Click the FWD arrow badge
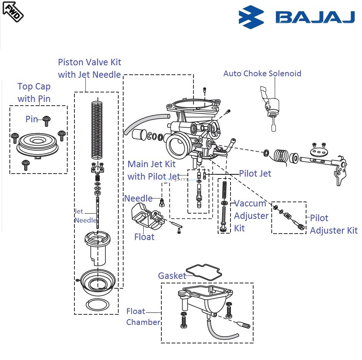click(x=12, y=11)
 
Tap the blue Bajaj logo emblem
click(x=251, y=17)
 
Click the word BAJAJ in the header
click(x=315, y=17)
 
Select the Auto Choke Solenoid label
click(x=262, y=73)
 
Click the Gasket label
click(x=172, y=276)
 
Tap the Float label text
click(x=144, y=237)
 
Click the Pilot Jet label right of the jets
click(x=255, y=174)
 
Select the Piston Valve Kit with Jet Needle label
click(x=90, y=68)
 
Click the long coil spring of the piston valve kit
click(x=97, y=130)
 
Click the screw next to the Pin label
click(x=47, y=120)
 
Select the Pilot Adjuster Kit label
click(x=333, y=224)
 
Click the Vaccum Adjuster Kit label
click(x=251, y=215)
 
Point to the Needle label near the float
click(x=138, y=198)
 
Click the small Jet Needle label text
click(x=85, y=216)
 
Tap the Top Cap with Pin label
click(x=34, y=92)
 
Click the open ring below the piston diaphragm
click(x=97, y=305)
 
